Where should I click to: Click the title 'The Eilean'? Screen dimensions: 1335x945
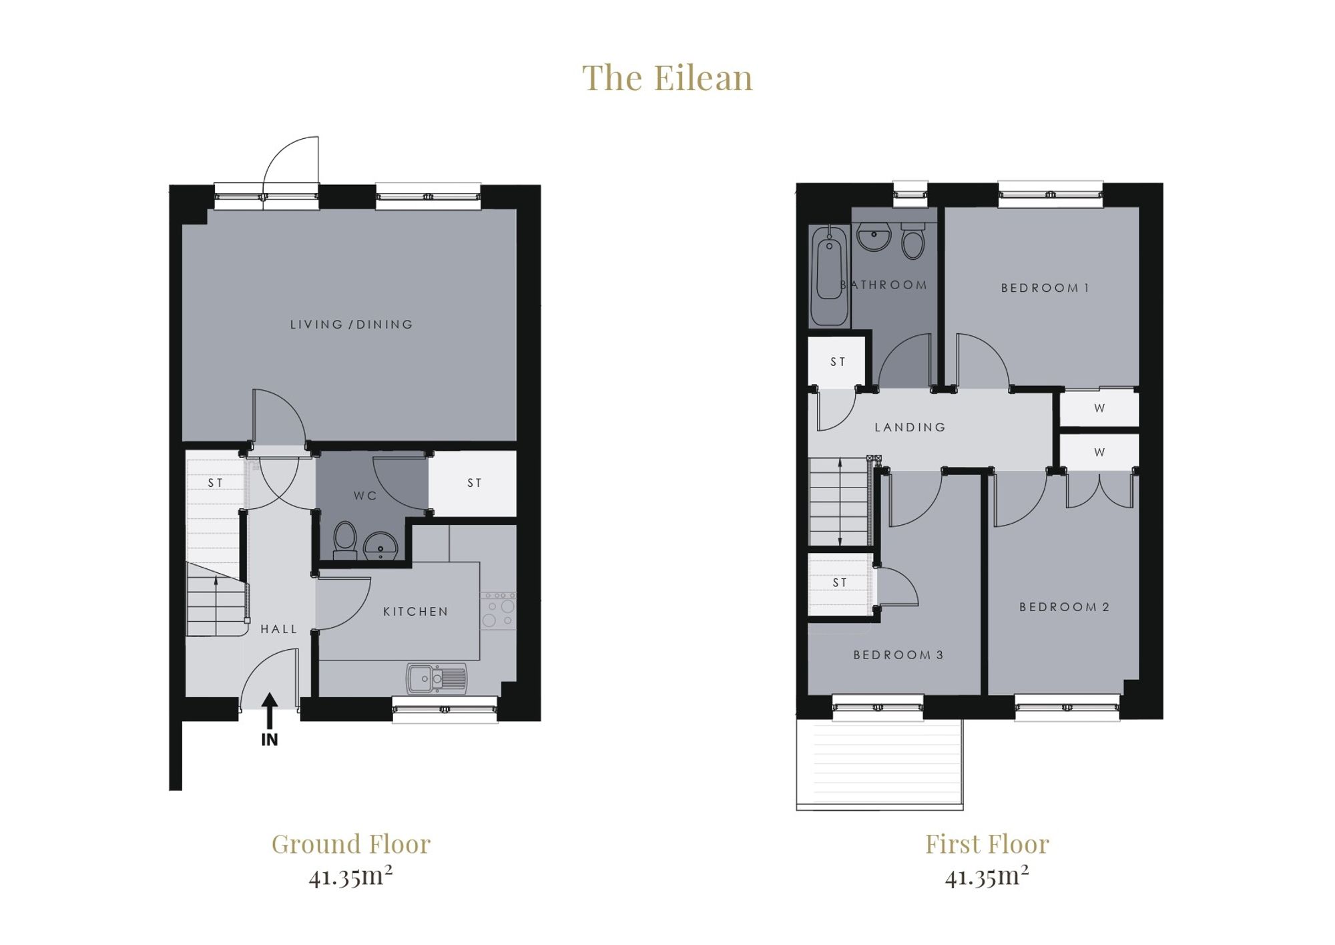coord(667,77)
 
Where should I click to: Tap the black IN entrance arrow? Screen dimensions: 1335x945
coord(269,711)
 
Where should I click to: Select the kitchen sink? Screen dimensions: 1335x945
coord(437,679)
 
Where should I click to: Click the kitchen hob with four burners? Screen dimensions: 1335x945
coord(498,610)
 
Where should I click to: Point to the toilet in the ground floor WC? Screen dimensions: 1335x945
coord(345,540)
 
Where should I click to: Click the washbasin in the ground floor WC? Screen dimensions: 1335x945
coord(380,546)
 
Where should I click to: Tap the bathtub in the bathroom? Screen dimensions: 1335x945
coord(829,276)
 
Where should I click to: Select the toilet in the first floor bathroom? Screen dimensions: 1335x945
coord(913,240)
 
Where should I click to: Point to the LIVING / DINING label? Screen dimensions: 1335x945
coord(352,325)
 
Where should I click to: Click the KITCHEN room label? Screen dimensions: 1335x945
coord(415,611)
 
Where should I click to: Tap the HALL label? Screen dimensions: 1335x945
coord(279,629)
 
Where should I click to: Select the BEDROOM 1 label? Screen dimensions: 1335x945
coord(1045,288)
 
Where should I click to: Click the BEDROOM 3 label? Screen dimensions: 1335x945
coord(898,655)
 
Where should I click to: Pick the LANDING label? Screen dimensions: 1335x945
coord(910,427)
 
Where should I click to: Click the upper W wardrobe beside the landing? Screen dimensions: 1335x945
coord(1099,408)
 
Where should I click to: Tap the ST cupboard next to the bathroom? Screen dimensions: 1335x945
coord(837,361)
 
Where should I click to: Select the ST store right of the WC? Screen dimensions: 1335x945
coord(473,483)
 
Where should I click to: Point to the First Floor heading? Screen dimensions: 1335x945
coord(987,844)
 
